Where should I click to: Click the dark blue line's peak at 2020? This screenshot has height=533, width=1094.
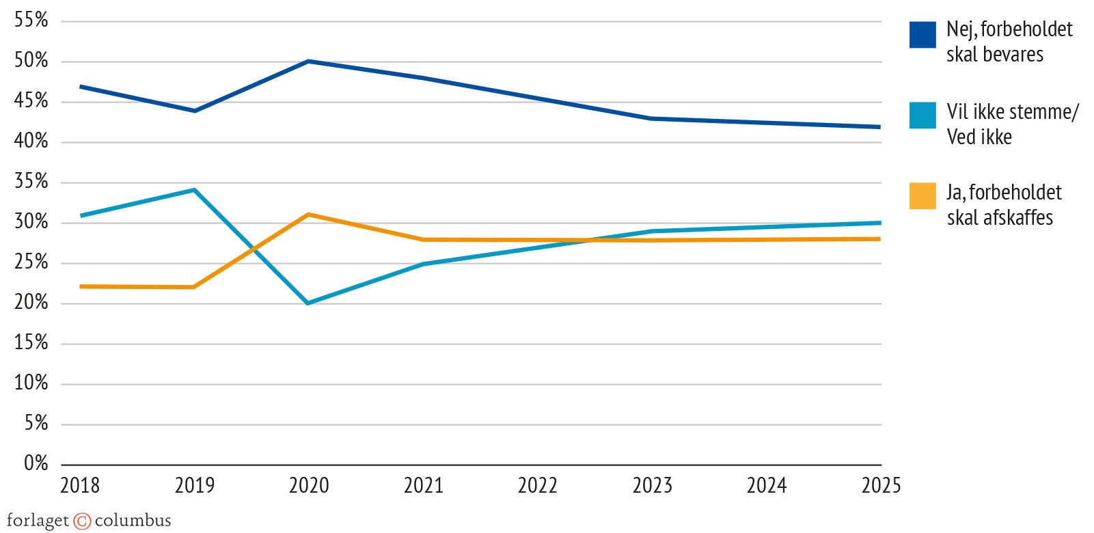(x=309, y=61)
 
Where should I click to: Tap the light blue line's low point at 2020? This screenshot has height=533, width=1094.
(x=309, y=303)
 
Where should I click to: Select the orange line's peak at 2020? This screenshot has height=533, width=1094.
(x=309, y=215)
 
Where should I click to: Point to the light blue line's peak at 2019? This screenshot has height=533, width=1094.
(x=195, y=190)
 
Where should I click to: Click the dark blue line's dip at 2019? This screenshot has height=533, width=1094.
(x=195, y=110)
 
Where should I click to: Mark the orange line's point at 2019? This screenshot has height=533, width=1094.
(x=195, y=287)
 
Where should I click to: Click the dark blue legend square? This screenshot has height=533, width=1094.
(x=922, y=36)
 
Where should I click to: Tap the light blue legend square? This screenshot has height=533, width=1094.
(x=922, y=115)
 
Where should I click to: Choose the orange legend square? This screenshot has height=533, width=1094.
(x=922, y=195)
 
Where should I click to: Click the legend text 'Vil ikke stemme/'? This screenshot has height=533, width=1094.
(x=1012, y=111)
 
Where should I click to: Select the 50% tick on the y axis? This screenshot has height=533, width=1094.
(x=31, y=61)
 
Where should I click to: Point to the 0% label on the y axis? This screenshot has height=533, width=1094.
(x=36, y=464)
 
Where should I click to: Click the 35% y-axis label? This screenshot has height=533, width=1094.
(x=31, y=182)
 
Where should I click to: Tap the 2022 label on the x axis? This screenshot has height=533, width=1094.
(x=538, y=486)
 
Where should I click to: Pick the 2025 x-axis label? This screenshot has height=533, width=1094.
(x=881, y=486)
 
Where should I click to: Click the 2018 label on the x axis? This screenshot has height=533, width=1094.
(x=80, y=486)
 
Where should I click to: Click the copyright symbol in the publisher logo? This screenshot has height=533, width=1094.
(x=82, y=521)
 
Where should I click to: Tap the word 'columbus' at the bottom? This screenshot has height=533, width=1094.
(x=133, y=521)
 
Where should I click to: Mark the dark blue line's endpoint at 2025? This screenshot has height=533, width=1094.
(x=880, y=126)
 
